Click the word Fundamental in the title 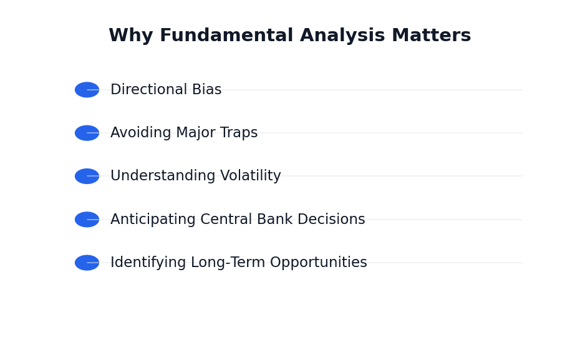pos(226,36)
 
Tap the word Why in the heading pos(131,36)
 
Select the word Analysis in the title pos(342,36)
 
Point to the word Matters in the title pos(432,36)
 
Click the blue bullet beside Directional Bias pos(87,90)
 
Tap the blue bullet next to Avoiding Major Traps pos(87,133)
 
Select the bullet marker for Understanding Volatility pos(87,176)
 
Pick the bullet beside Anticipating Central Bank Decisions pos(87,220)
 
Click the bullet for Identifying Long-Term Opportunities pos(87,263)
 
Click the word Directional pos(148,90)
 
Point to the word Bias pos(207,90)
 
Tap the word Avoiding pos(141,133)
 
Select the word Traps pos(239,133)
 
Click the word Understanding pos(163,176)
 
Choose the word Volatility pos(251,176)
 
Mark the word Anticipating pos(153,220)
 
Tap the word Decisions pos(331,219)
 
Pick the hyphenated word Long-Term pos(228,263)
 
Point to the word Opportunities pos(319,263)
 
